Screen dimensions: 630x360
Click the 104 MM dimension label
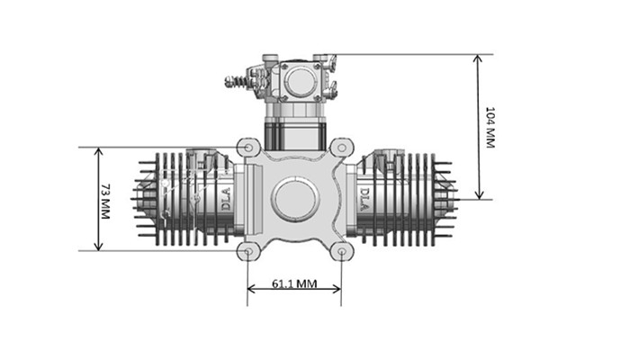click(490, 128)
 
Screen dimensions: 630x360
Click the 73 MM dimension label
click(105, 202)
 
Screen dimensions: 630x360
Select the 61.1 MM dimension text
click(294, 283)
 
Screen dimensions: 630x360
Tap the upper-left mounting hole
click(248, 148)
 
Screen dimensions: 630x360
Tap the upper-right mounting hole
click(341, 148)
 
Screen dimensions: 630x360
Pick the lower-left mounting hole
click(248, 251)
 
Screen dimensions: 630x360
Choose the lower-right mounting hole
click(341, 251)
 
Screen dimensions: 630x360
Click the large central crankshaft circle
click(295, 199)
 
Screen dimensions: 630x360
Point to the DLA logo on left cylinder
click(226, 199)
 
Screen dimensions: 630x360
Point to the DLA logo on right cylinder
click(364, 199)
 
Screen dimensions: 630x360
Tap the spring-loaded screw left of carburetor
click(240, 82)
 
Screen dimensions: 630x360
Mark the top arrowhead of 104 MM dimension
click(478, 59)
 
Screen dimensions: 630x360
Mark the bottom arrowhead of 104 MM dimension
click(478, 194)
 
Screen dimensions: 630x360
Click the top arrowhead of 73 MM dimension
click(98, 152)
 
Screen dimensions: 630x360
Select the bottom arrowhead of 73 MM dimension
click(98, 246)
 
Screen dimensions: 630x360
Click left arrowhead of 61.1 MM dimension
click(252, 289)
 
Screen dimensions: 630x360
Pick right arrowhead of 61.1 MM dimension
click(337, 289)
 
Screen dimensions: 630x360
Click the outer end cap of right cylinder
click(446, 199)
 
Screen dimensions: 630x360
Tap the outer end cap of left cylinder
click(144, 199)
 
